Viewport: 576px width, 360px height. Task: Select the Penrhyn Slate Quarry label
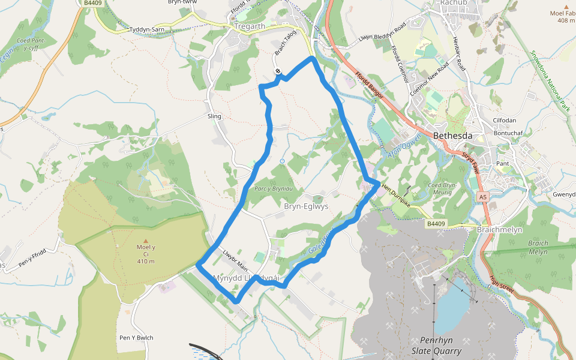pos(436,345)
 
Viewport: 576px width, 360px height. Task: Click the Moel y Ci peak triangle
pos(145,241)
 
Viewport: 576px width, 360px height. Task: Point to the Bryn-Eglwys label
pos(306,206)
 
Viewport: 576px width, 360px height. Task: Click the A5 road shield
pos(482,197)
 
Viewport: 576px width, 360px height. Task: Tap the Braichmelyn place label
pos(499,230)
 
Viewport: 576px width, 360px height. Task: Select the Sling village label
pos(214,116)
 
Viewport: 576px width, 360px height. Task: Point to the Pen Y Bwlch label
pos(136,338)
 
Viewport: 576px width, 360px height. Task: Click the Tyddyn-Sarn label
pos(146,29)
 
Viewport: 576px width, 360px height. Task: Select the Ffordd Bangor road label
pos(369,85)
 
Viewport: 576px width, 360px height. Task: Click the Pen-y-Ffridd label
pos(32,253)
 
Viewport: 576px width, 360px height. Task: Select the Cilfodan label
pos(503,121)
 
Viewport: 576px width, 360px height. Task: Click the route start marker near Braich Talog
pos(278,71)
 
